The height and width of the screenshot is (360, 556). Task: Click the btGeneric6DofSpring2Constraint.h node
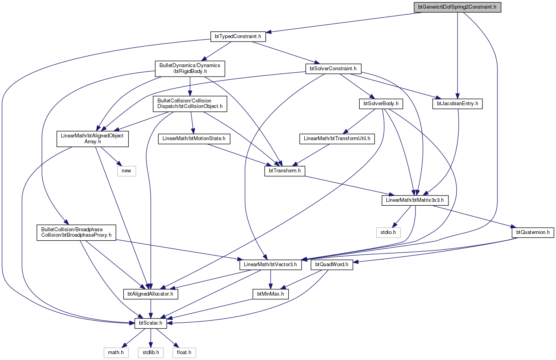tap(457, 7)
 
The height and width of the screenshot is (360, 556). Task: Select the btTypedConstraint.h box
tap(238, 37)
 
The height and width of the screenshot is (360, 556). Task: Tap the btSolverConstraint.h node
tap(333, 69)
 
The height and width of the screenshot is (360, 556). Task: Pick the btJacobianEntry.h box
tap(457, 104)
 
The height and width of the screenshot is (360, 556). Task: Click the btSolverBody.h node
tap(381, 104)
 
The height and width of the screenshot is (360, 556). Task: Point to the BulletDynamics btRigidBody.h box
tap(190, 69)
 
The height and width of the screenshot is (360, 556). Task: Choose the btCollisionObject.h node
tap(190, 104)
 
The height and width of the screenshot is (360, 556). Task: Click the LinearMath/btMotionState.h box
tap(194, 139)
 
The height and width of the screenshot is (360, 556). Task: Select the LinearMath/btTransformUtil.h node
tap(337, 139)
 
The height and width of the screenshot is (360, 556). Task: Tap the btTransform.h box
tap(285, 171)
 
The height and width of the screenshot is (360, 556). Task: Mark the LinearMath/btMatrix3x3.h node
tap(415, 200)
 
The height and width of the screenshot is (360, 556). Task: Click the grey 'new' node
tap(126, 171)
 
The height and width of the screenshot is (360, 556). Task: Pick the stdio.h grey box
tap(388, 232)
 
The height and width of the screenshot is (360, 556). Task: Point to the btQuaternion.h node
tap(533, 232)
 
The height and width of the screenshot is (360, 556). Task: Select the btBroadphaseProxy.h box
tap(76, 232)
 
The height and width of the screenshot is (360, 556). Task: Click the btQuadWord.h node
tap(332, 265)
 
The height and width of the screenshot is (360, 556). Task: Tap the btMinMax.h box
tap(271, 294)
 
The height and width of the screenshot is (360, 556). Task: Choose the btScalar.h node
tap(151, 323)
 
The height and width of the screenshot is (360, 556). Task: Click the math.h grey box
tap(116, 353)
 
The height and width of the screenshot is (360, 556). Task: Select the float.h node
tap(184, 353)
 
